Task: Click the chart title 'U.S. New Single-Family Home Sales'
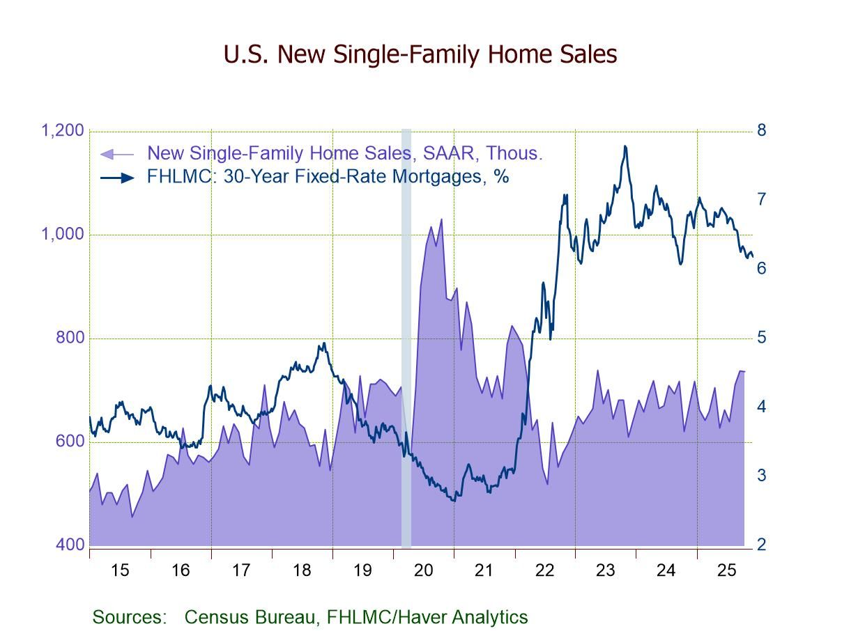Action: pos(420,54)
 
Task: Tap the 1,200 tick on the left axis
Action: pos(63,131)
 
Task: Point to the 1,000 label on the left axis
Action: pos(63,234)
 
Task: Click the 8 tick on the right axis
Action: pos(761,130)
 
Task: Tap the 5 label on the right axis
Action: pos(761,337)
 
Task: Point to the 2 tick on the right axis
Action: pos(761,545)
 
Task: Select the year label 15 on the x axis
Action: pos(120,570)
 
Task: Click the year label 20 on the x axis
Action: pos(423,570)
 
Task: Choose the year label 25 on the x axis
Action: pos(726,570)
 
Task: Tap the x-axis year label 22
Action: pos(544,570)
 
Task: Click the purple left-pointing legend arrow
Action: pos(116,154)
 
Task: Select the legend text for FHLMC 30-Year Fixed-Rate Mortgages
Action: pos(328,177)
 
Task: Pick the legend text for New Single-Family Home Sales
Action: pos(345,153)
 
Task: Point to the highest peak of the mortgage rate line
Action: pos(625,146)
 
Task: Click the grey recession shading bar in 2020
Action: pos(406,334)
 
